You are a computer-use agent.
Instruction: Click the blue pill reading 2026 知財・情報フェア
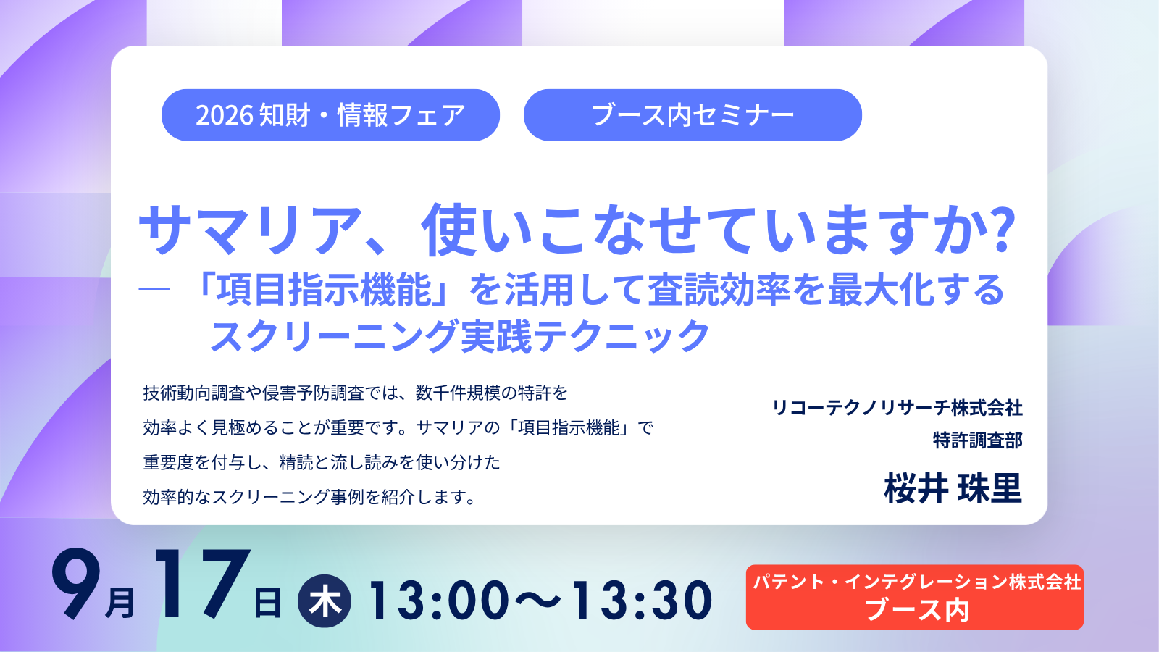(x=330, y=115)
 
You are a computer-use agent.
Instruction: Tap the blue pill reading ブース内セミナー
(x=693, y=115)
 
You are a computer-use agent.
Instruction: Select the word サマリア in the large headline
(x=250, y=230)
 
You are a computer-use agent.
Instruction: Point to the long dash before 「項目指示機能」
(x=154, y=289)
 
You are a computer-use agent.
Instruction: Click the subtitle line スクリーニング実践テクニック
(x=459, y=336)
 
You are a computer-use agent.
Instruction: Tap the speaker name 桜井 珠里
(x=953, y=488)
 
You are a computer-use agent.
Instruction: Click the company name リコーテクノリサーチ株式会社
(x=898, y=408)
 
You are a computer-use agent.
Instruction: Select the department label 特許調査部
(x=977, y=440)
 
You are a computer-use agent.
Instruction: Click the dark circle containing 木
(x=325, y=601)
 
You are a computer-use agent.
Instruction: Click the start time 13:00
(x=439, y=601)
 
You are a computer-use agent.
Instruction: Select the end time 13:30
(x=642, y=601)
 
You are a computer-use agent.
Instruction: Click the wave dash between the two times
(x=540, y=601)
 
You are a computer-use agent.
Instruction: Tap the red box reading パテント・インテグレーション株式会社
(x=915, y=597)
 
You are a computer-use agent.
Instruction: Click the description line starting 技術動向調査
(x=355, y=393)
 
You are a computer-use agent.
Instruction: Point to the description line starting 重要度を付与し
(x=322, y=462)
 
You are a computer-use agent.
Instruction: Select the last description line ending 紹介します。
(x=309, y=497)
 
